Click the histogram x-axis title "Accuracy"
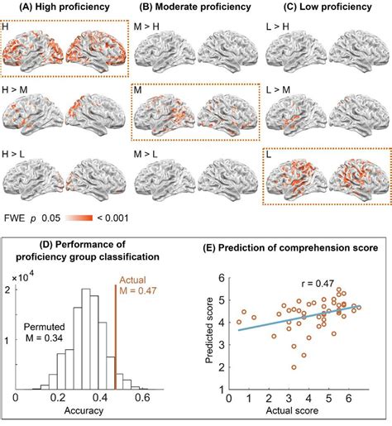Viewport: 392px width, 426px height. pyautogui.click(x=87, y=418)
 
